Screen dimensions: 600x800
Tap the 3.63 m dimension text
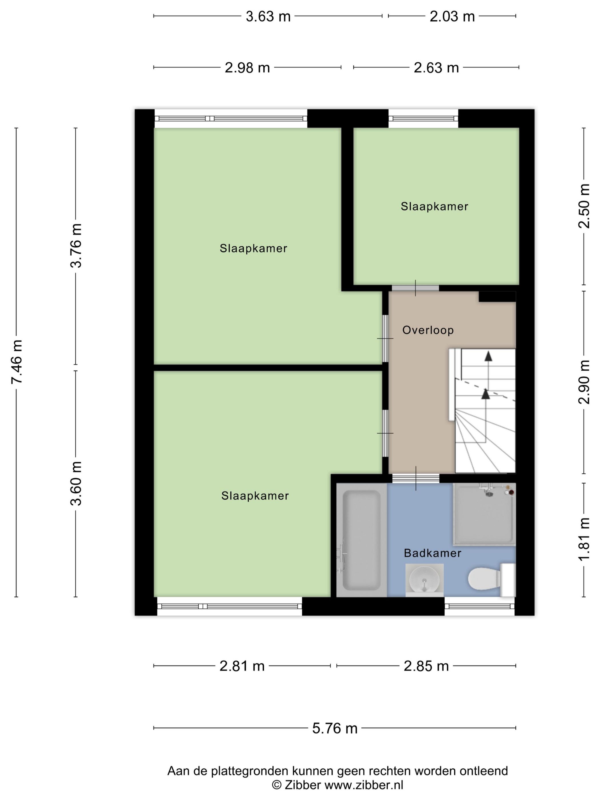(268, 17)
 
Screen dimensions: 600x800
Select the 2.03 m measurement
(452, 17)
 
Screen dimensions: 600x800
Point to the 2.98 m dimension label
(247, 68)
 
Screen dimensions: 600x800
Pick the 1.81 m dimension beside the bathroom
(584, 539)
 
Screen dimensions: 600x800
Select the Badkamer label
(433, 553)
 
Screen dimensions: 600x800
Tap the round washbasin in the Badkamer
(424, 580)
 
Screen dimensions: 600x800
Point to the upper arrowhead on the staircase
(488, 356)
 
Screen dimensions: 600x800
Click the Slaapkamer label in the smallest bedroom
(434, 207)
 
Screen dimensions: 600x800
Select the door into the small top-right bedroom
(415, 288)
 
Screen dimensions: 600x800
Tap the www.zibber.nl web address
(363, 785)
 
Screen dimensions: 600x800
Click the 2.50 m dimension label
(584, 206)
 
